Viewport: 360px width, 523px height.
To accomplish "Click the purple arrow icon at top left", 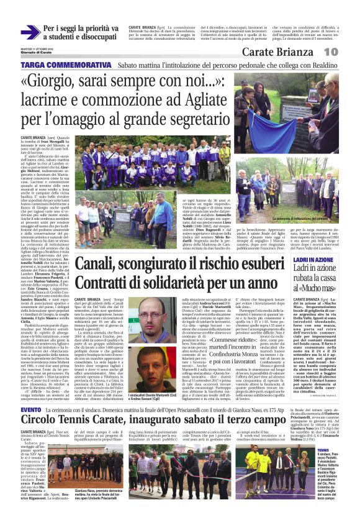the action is click(x=30, y=32).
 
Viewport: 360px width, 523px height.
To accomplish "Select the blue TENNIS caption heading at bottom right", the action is click(x=322, y=450).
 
